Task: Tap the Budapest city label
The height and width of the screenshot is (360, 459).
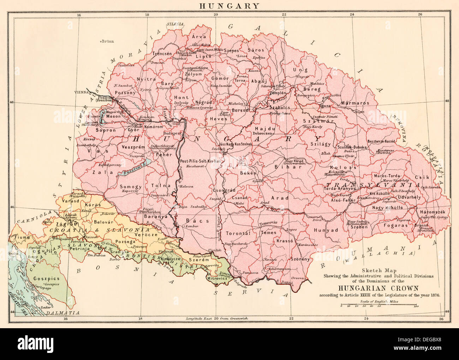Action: [x=172, y=134]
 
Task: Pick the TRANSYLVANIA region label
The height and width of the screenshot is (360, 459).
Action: [x=373, y=185]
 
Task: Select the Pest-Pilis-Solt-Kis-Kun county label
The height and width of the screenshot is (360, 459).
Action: [x=200, y=161]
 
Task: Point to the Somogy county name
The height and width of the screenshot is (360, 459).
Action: [x=131, y=187]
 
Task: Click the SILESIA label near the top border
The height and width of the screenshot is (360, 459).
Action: [x=175, y=24]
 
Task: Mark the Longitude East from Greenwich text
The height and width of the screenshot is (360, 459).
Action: [x=217, y=318]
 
